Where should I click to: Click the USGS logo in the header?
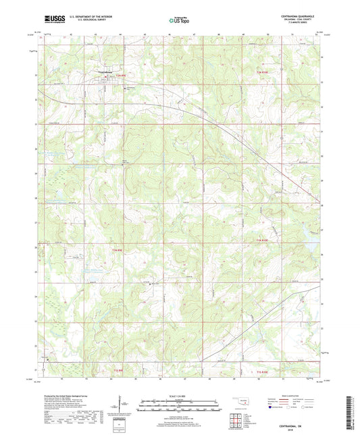(x=51, y=20)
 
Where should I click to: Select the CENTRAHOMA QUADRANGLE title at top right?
(x=294, y=16)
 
